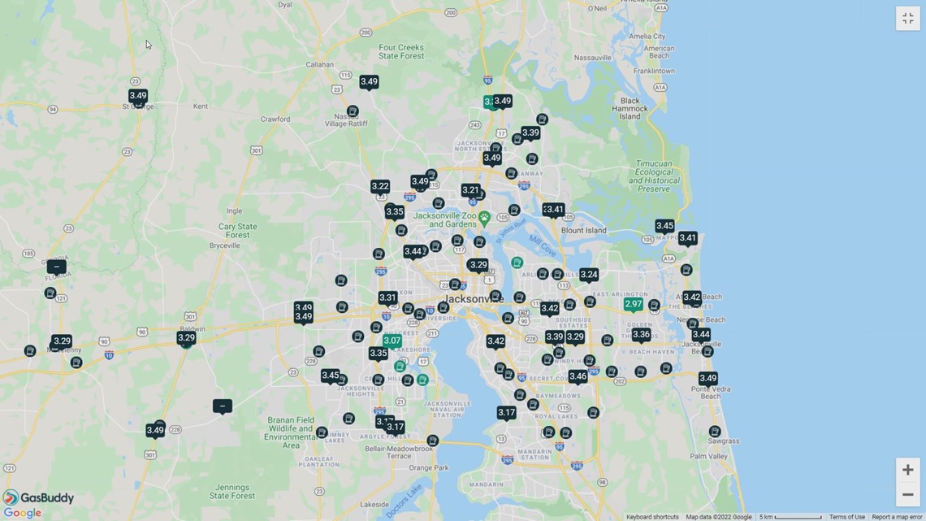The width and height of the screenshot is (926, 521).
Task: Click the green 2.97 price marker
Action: (633, 304)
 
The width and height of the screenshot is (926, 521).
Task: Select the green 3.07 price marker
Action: (392, 341)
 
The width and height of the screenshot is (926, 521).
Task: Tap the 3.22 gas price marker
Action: (380, 186)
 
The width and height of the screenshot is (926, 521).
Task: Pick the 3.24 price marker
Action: (589, 275)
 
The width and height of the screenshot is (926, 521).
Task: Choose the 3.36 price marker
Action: (641, 334)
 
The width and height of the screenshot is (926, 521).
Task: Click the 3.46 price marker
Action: (578, 376)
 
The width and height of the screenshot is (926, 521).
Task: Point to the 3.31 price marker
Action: (387, 298)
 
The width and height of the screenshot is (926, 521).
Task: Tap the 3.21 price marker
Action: (470, 190)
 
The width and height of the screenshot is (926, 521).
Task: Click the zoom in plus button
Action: (907, 470)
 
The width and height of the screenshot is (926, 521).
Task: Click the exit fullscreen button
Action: (907, 19)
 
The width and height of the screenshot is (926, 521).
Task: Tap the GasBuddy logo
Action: (39, 498)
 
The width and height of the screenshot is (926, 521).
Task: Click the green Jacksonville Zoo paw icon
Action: (484, 218)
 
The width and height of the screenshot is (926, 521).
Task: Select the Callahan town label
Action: (320, 65)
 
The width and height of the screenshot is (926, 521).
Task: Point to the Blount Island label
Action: (583, 230)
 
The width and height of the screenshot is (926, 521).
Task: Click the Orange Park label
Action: (428, 468)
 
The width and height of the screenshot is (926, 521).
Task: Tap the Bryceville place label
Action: (225, 245)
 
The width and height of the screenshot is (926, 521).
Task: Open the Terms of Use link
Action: (846, 517)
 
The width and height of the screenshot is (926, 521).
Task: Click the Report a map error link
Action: (897, 517)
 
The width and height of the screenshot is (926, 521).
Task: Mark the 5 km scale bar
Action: (790, 517)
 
